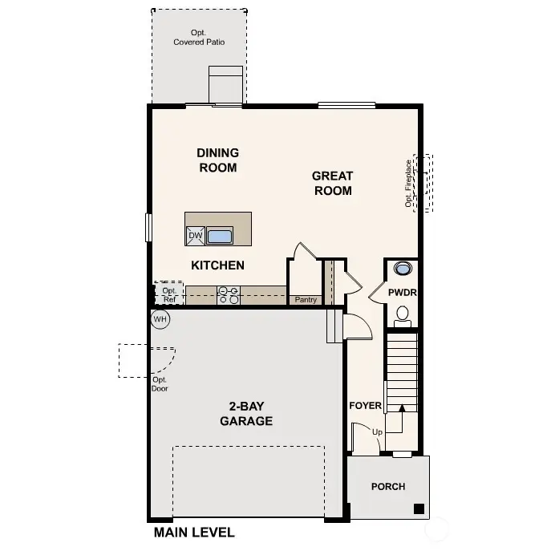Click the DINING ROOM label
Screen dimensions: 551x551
coord(217,160)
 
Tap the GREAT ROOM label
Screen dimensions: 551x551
coord(332,183)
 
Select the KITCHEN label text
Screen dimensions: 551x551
coord(217,265)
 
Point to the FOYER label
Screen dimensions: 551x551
coord(365,406)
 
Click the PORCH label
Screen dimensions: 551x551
coord(387,487)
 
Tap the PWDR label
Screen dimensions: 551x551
coord(402,293)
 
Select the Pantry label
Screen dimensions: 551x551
coord(306,300)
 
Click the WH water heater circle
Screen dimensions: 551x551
coord(160,319)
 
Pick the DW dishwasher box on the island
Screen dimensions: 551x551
coord(195,235)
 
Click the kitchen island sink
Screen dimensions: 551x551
coord(220,236)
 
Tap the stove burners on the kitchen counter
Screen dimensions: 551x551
coord(229,297)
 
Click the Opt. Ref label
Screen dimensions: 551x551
coord(169,295)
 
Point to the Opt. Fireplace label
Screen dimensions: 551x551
coord(408,183)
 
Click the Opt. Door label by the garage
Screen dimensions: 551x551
coord(160,384)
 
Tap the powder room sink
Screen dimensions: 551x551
coord(402,269)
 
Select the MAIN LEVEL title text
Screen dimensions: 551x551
coord(194,533)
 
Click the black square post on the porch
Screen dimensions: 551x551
coord(418,508)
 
